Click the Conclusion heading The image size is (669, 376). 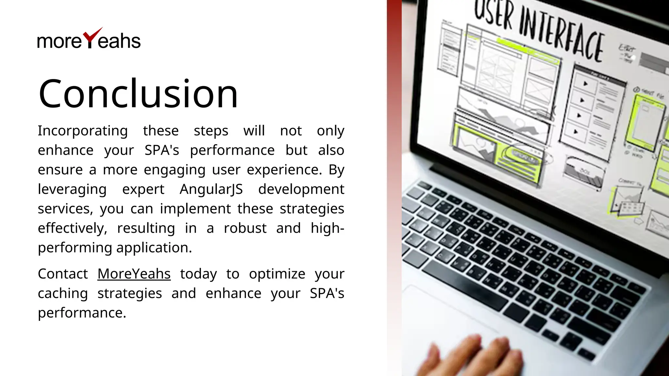tap(138, 94)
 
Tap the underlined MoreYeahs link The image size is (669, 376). tap(134, 274)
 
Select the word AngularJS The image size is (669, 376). tap(211, 189)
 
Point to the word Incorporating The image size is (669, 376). tap(83, 131)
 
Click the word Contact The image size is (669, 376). tap(63, 274)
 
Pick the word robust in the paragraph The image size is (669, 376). tap(245, 228)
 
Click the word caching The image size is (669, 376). tap(63, 293)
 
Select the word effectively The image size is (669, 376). tap(72, 228)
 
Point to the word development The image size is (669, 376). tap(301, 189)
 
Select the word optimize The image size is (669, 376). tap(277, 274)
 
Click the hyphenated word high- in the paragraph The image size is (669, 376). tap(327, 228)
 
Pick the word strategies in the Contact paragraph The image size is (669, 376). tap(130, 293)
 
